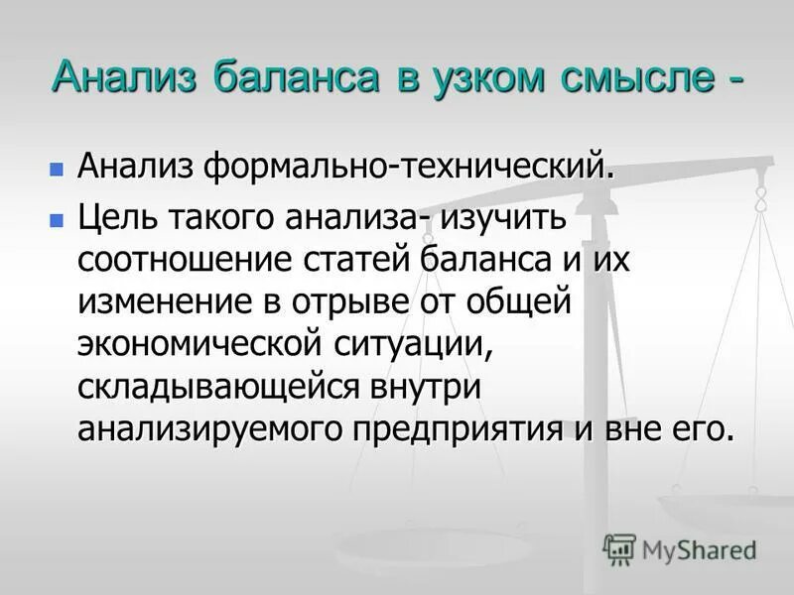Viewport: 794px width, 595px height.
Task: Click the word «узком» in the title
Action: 494,76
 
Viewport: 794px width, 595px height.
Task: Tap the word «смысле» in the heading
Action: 640,76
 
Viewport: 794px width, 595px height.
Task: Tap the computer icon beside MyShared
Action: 619,549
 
